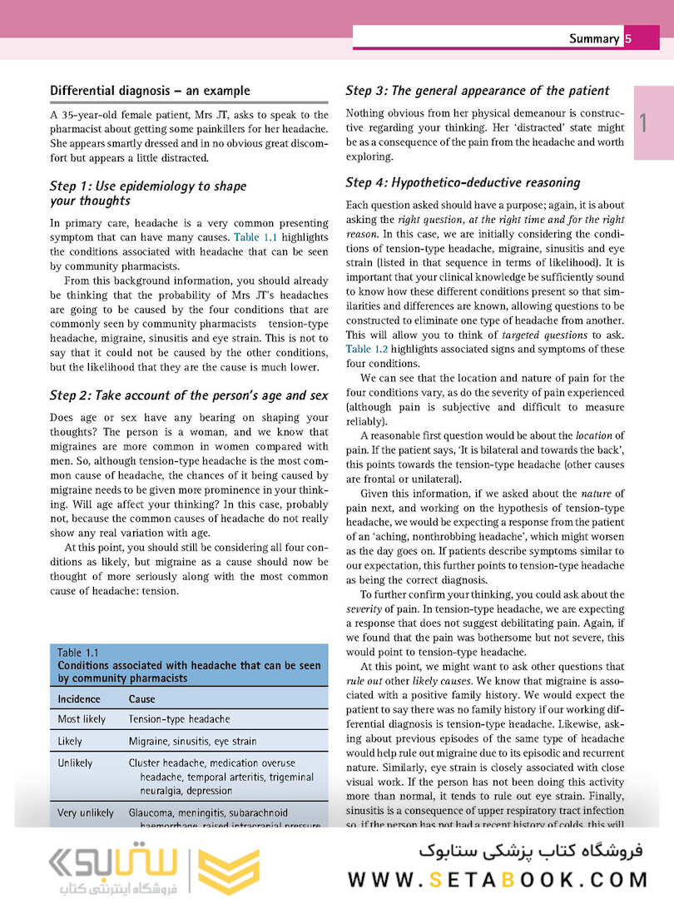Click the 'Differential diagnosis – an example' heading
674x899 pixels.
150,91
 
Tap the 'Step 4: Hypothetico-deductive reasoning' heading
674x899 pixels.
474,182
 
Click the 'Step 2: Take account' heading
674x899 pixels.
189,395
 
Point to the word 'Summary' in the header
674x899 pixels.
594,38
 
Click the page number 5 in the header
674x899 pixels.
628,38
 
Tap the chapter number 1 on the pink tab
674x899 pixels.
643,123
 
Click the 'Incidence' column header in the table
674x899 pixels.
79,699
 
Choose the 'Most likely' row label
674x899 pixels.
82,719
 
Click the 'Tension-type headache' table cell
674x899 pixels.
180,719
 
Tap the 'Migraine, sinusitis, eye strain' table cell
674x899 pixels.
193,741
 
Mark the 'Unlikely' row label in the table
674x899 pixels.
76,762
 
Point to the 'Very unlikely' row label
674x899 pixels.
86,812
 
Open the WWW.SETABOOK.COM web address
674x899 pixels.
498,879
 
